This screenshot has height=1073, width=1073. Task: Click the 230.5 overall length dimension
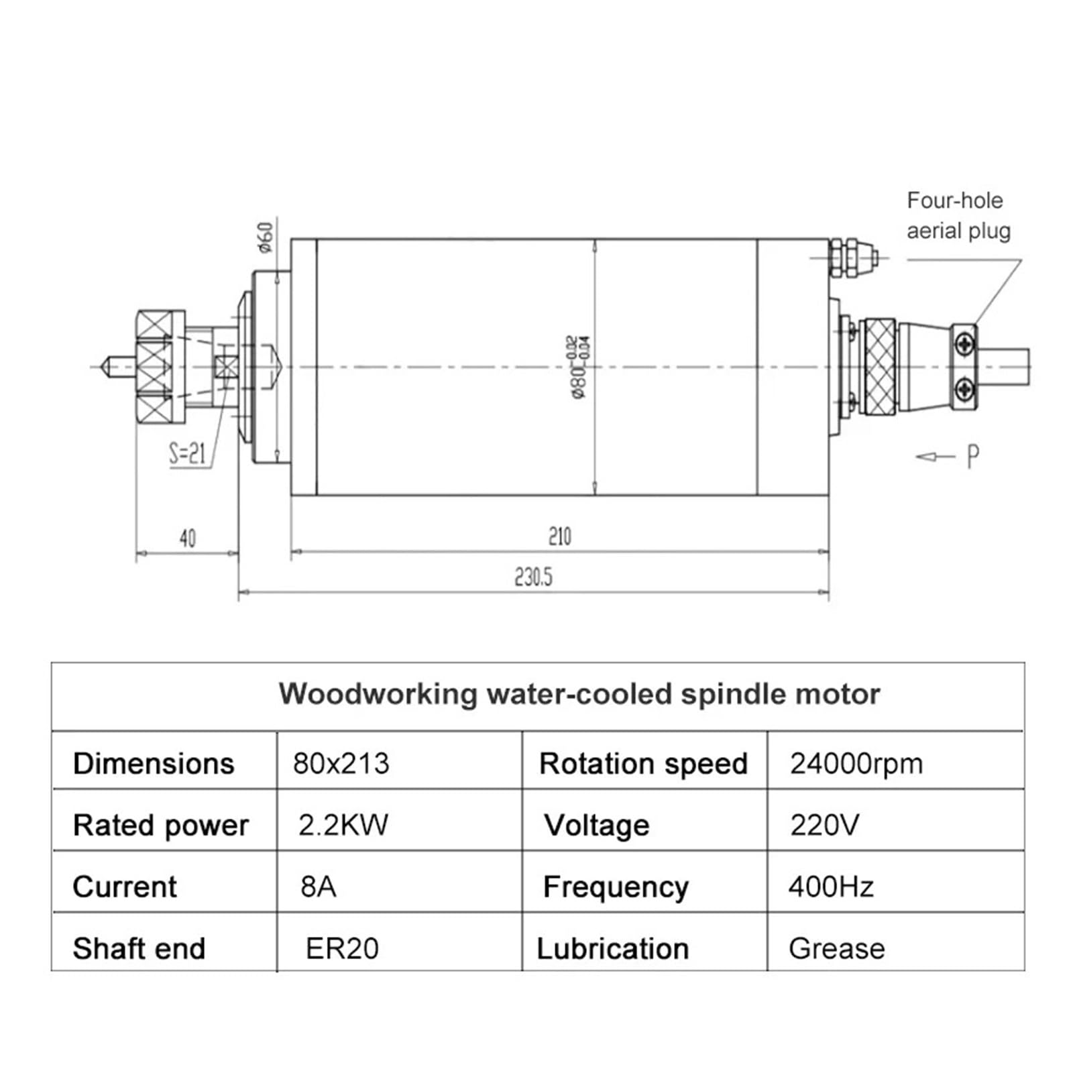coord(533,577)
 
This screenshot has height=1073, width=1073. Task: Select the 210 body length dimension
coord(559,536)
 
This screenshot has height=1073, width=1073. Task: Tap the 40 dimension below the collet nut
coord(187,538)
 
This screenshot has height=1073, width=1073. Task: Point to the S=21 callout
coord(187,454)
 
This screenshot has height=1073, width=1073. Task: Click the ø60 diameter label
coord(266,237)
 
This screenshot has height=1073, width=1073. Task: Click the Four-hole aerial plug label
coord(958,215)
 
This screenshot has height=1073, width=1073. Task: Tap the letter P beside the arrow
coord(972,457)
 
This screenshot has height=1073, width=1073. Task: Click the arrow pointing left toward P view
coord(934,457)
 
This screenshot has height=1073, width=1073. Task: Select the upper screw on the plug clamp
coord(965,345)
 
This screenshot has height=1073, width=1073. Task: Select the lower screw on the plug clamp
coord(965,387)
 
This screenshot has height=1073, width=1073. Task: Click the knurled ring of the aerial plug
coord(880,366)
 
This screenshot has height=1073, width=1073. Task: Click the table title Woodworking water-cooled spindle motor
coord(579,694)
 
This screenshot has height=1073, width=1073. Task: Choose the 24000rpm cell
coord(856,764)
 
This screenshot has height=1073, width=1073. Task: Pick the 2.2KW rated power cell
coord(343,825)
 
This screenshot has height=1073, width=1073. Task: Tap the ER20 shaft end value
coord(342,949)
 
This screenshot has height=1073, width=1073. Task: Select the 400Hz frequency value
coord(830,887)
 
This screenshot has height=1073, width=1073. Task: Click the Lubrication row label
coord(612,949)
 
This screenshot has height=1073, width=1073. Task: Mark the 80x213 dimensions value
coord(341,764)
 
